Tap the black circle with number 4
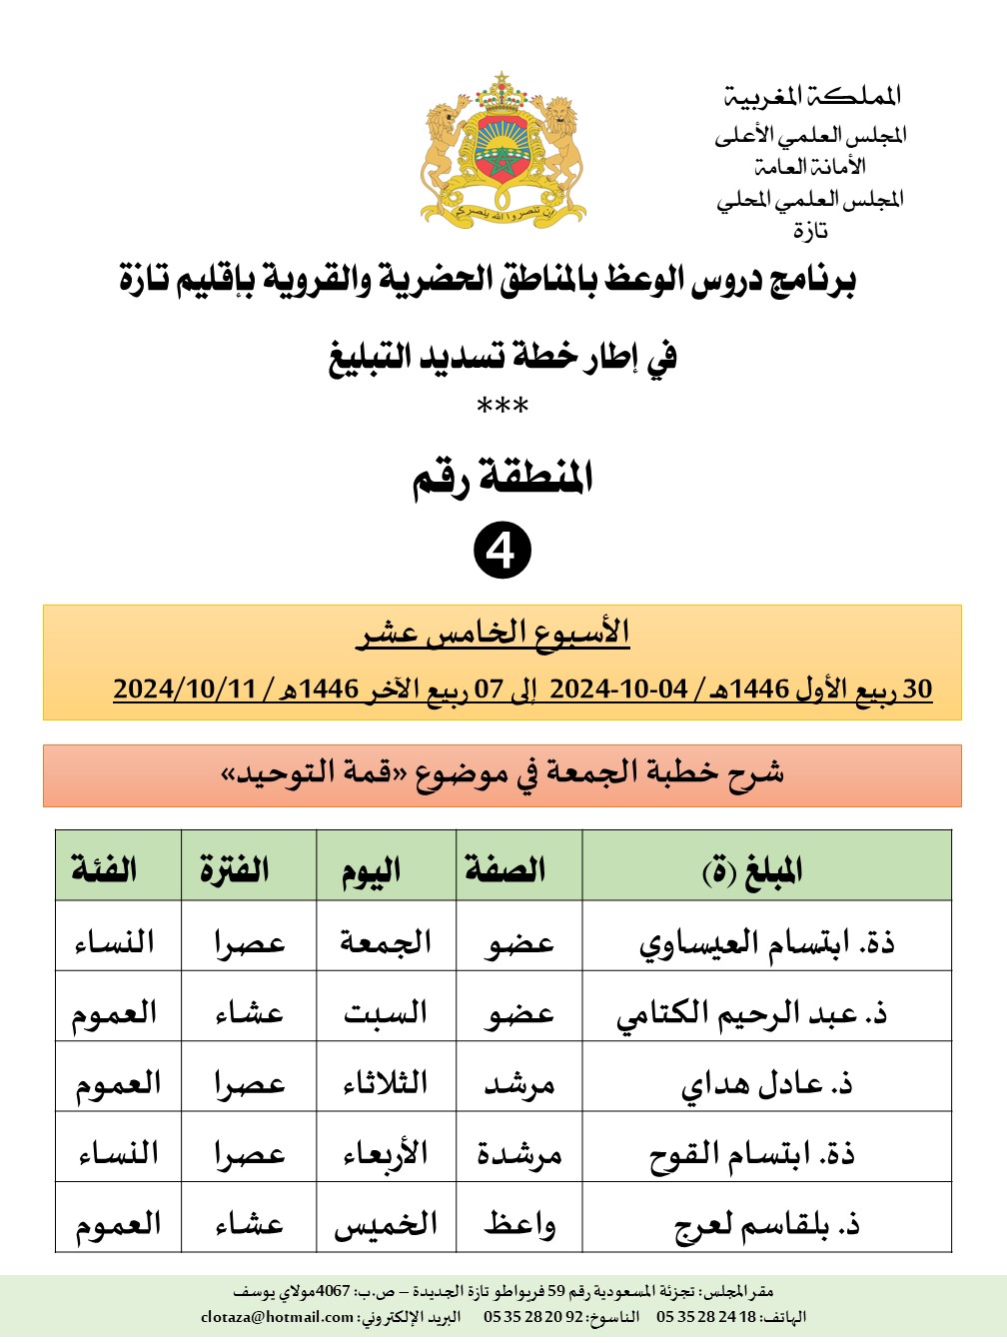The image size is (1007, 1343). [503, 551]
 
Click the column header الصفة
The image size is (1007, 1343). [505, 869]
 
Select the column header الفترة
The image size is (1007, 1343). [235, 869]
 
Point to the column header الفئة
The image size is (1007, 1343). [104, 869]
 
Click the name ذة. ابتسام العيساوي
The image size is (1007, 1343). [766, 942]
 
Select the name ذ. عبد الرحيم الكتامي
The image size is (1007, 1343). [752, 1013]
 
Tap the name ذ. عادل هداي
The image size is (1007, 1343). [766, 1084]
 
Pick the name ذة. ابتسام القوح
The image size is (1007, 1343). [752, 1154]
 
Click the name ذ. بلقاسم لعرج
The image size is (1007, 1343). [766, 1224]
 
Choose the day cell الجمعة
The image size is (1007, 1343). [386, 941]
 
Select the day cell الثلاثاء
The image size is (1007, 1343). [386, 1083]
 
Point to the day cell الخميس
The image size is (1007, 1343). [386, 1224]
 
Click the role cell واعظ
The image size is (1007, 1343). [519, 1224]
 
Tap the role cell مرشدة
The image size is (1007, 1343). [519, 1154]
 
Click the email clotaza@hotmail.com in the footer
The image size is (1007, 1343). [277, 1317]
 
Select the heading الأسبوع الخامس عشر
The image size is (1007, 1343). [494, 633]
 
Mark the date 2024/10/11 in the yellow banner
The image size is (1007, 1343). [185, 688]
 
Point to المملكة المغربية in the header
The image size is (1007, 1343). [812, 96]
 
